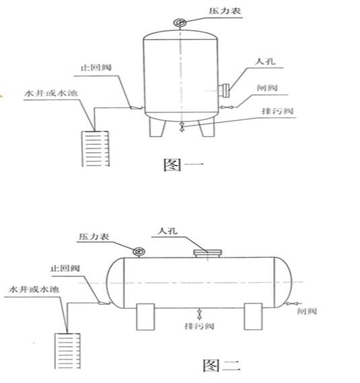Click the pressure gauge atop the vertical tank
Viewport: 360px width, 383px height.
[x=180, y=23]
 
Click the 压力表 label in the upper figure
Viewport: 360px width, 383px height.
[x=225, y=11]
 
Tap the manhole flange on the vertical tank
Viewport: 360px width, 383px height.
[x=224, y=90]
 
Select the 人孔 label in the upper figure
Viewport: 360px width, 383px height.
[x=265, y=61]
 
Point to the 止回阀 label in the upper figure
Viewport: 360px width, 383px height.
[x=96, y=67]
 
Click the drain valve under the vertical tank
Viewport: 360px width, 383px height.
[x=182, y=127]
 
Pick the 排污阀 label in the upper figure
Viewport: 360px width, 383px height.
[x=277, y=111]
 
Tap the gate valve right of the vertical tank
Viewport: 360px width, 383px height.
[x=227, y=107]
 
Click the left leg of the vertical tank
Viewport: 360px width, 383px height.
[x=157, y=127]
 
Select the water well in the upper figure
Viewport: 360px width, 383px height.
[x=96, y=149]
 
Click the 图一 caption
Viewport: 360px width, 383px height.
[x=183, y=164]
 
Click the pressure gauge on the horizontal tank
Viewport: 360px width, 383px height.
[x=139, y=251]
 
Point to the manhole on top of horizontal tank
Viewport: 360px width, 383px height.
[x=208, y=254]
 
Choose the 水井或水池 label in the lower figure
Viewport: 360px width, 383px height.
[x=34, y=289]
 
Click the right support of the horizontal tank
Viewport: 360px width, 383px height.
[x=253, y=316]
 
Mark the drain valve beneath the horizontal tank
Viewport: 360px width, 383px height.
[x=199, y=314]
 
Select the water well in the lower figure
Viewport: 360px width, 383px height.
[x=67, y=351]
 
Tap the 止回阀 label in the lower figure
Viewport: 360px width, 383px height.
[x=65, y=269]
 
